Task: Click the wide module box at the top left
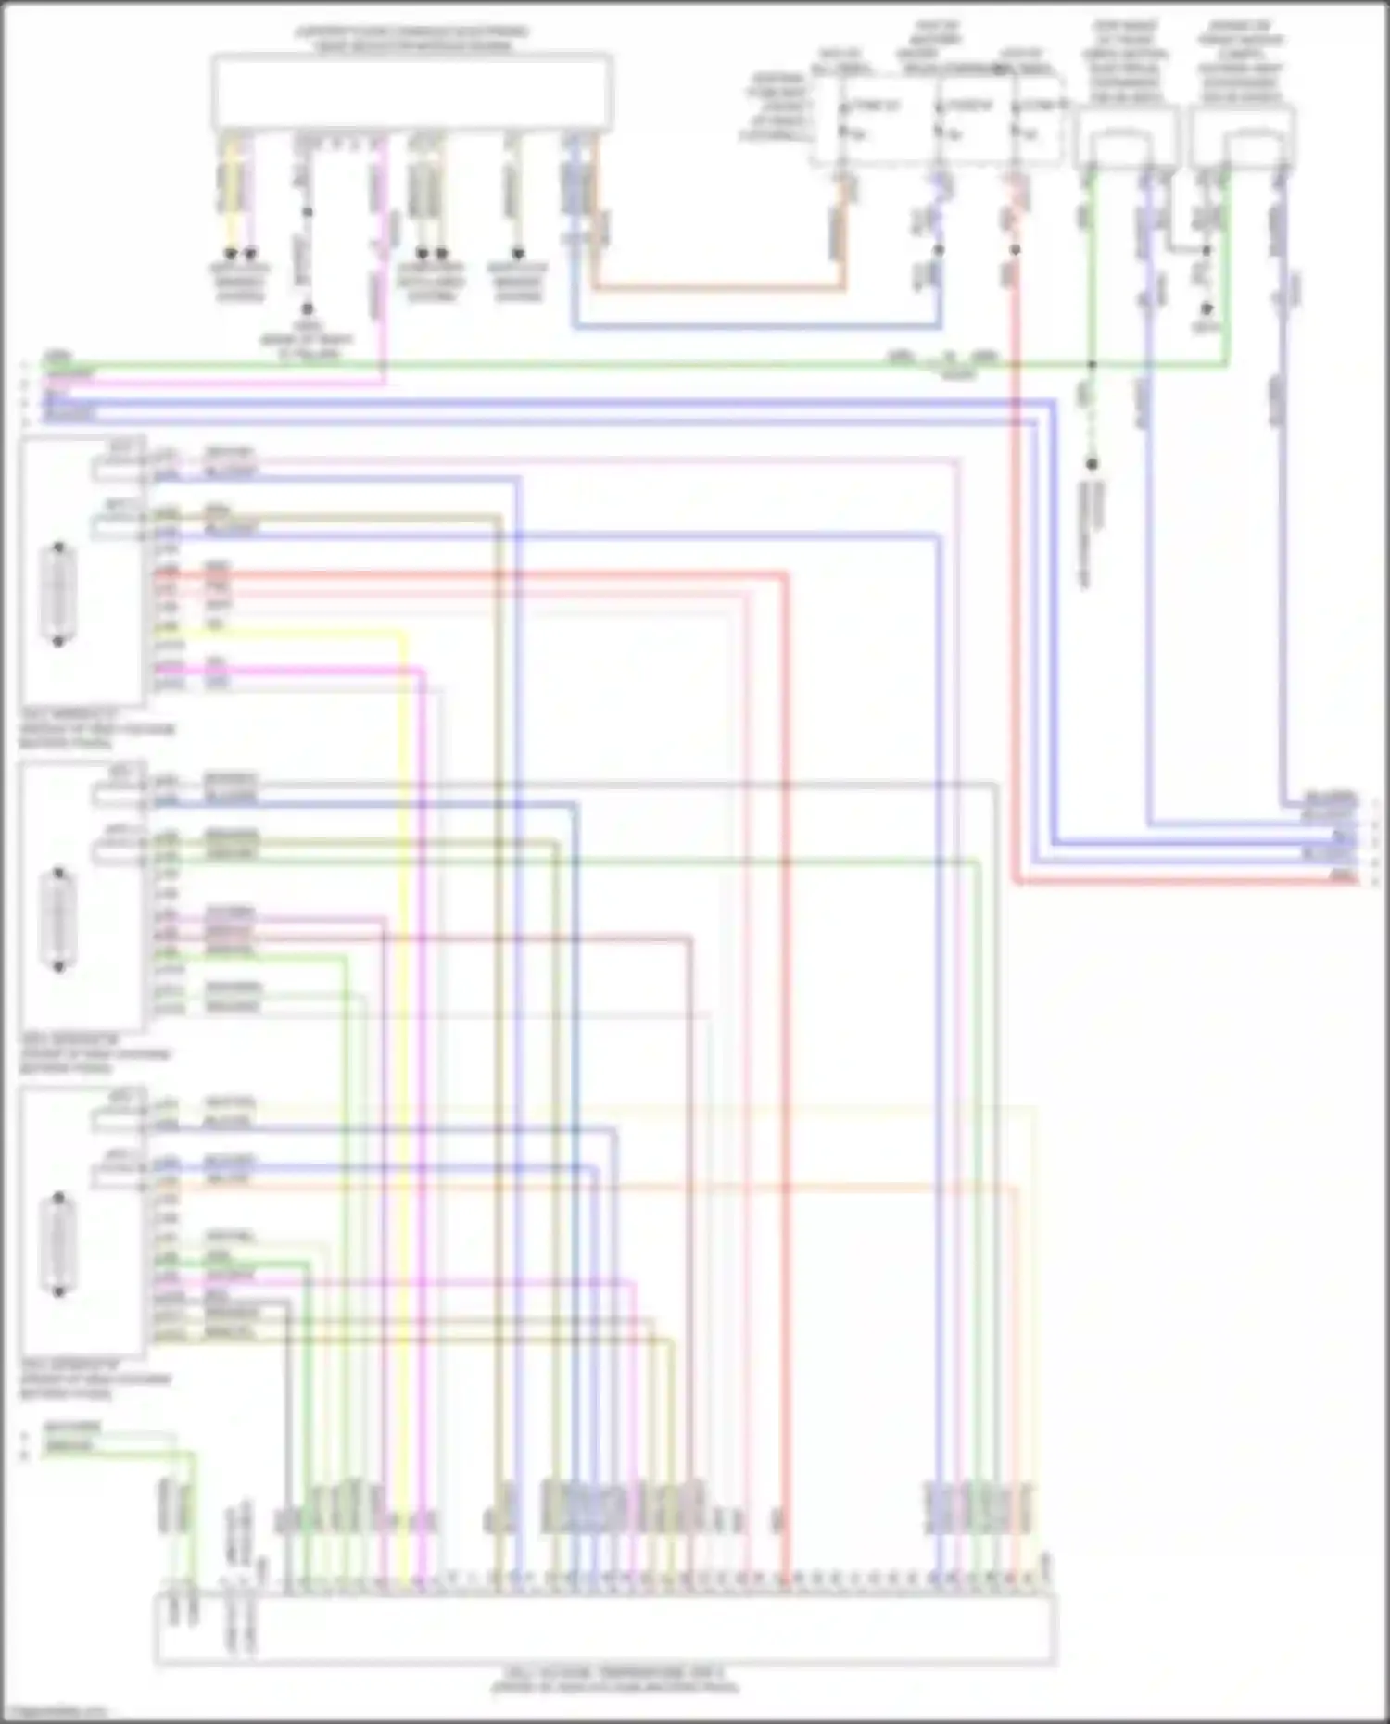click(411, 91)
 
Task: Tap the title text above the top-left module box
click(411, 39)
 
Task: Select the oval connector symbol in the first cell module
click(58, 594)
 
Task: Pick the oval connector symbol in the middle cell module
click(58, 920)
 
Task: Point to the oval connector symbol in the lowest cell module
click(58, 1245)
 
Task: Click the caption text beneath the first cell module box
click(95, 729)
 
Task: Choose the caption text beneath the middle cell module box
click(95, 1054)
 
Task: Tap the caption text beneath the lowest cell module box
click(95, 1379)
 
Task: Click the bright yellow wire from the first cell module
click(404, 1019)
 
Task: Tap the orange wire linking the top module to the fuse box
click(718, 288)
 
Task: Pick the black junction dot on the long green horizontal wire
click(1091, 365)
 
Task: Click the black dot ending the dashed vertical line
click(1091, 463)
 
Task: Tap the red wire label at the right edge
click(1342, 875)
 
